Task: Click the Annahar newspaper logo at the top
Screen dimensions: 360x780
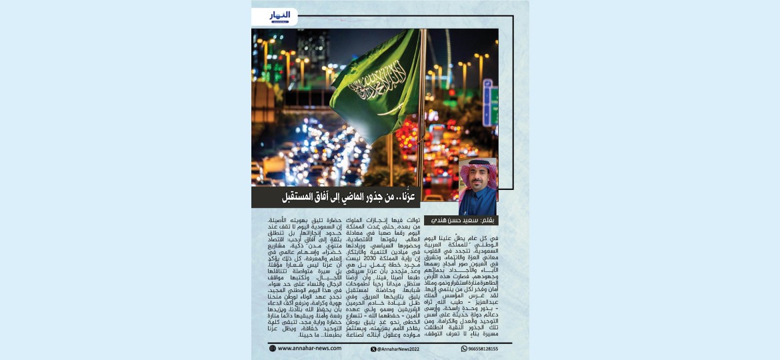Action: click(279, 16)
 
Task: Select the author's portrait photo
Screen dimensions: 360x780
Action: click(477, 186)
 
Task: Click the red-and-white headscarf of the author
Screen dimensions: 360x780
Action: click(477, 169)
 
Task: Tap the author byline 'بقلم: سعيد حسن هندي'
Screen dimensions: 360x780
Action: click(466, 220)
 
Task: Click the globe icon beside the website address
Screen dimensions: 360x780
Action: click(273, 348)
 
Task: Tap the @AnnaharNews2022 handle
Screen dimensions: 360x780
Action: click(399, 349)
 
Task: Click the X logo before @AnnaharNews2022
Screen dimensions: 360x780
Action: click(373, 349)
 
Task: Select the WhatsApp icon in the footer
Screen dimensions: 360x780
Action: click(464, 349)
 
